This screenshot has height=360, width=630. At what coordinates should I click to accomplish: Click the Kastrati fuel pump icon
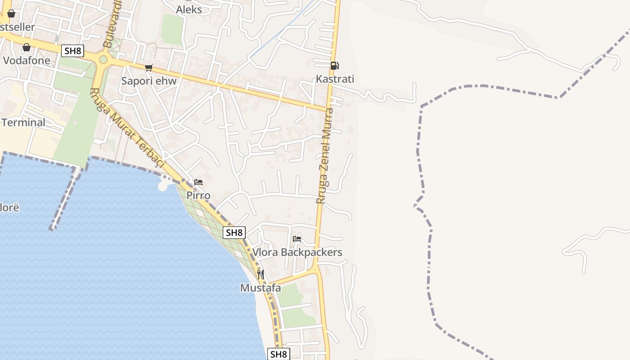pos(334,66)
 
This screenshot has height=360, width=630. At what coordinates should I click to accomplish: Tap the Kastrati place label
pos(335,79)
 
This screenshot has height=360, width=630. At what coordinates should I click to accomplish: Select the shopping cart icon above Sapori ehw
pos(148,68)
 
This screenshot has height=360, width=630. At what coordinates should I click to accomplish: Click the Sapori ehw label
pos(149,81)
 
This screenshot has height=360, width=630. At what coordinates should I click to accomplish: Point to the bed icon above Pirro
pos(198,182)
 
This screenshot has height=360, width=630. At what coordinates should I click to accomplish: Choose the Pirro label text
pos(198,196)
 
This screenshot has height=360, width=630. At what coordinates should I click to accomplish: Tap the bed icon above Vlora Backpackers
pos(297,239)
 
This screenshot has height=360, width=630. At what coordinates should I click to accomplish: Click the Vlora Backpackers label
pos(297,252)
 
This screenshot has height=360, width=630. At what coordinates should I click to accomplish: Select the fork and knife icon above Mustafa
pos(261,274)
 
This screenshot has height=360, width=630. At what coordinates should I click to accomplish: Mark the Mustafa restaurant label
pos(261,288)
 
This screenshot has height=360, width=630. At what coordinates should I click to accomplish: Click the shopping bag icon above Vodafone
pos(27,47)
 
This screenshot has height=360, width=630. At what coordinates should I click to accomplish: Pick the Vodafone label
pos(27,60)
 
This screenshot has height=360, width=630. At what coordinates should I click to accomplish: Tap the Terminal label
pos(23,122)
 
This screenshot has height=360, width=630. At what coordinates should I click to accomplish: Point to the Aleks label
pos(189,9)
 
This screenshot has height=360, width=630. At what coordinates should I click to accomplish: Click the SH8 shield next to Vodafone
pos(72,51)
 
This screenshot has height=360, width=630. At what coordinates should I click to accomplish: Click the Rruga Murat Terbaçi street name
pos(128,128)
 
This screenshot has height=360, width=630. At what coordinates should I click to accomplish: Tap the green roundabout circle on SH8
pos(103,59)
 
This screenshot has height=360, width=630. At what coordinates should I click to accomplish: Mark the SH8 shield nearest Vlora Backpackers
pos(234,233)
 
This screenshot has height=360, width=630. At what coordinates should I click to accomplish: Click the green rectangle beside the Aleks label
pos(172,30)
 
